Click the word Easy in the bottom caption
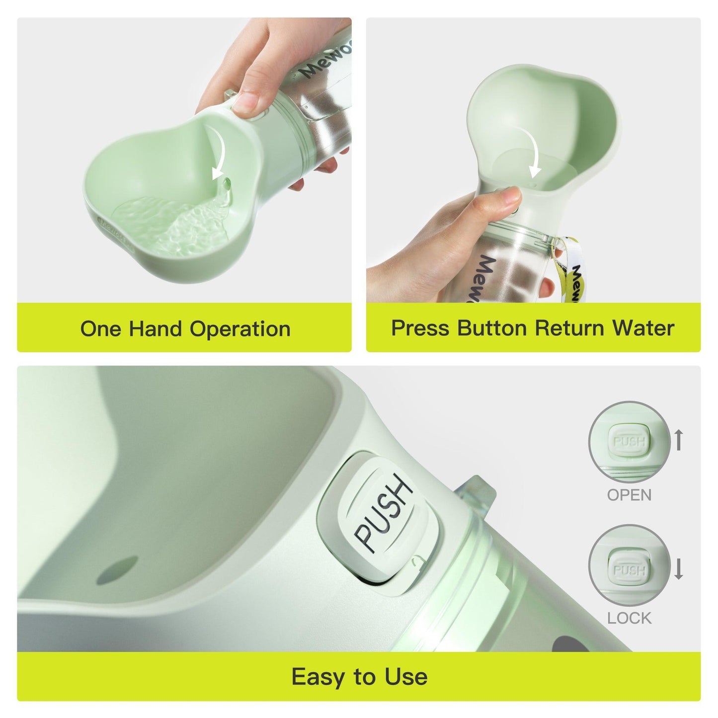click(320, 677)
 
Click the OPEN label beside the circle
click(629, 495)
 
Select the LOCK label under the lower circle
click(629, 618)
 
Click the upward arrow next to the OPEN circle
click(679, 440)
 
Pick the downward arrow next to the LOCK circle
click(679, 569)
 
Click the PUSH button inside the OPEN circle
click(629, 441)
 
